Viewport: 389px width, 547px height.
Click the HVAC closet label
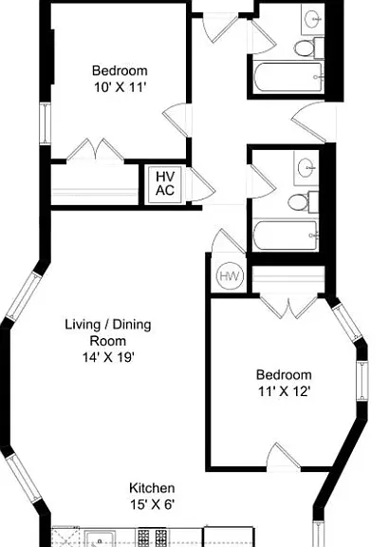tap(165, 183)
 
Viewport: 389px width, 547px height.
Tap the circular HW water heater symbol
tap(230, 276)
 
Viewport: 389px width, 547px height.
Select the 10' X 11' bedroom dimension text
tap(120, 87)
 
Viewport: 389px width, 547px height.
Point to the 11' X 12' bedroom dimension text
tap(284, 392)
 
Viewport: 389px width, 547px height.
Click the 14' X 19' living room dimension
tap(108, 357)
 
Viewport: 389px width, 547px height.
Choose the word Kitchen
tap(152, 488)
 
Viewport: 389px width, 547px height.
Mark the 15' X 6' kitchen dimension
tap(152, 504)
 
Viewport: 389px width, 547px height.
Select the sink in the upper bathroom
tap(313, 17)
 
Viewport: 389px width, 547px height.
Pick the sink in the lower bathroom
tap(306, 167)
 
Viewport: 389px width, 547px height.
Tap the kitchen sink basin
tap(99, 539)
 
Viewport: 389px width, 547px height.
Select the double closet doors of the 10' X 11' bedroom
tap(95, 150)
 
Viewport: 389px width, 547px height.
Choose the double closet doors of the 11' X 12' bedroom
tap(288, 307)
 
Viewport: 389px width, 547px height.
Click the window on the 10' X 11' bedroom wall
tap(46, 123)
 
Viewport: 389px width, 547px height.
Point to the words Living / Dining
tap(108, 325)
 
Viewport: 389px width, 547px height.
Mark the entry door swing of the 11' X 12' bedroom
tap(283, 455)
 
